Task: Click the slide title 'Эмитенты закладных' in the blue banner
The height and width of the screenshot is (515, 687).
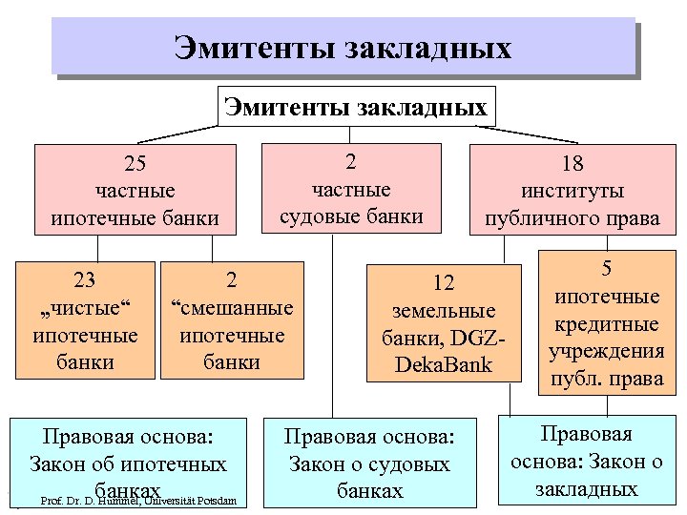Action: [x=343, y=48]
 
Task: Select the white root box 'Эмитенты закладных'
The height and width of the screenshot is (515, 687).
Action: [x=356, y=106]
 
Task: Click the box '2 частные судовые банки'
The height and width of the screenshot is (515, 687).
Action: [x=351, y=189]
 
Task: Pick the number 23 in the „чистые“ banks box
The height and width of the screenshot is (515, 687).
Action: [x=85, y=280]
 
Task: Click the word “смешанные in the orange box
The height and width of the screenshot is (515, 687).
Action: [x=232, y=309]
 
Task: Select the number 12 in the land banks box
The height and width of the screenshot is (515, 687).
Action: [x=444, y=283]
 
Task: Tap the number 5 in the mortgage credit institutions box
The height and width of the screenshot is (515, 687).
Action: [x=606, y=270]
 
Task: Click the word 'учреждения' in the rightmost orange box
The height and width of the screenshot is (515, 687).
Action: [x=606, y=351]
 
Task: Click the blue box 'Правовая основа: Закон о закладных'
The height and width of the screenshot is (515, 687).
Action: [x=587, y=463]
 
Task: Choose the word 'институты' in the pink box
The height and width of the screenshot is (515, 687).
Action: [x=572, y=192]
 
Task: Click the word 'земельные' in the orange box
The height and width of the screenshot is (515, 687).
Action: [x=444, y=311]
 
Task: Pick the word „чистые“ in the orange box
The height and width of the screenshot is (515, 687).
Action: [x=85, y=308]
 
